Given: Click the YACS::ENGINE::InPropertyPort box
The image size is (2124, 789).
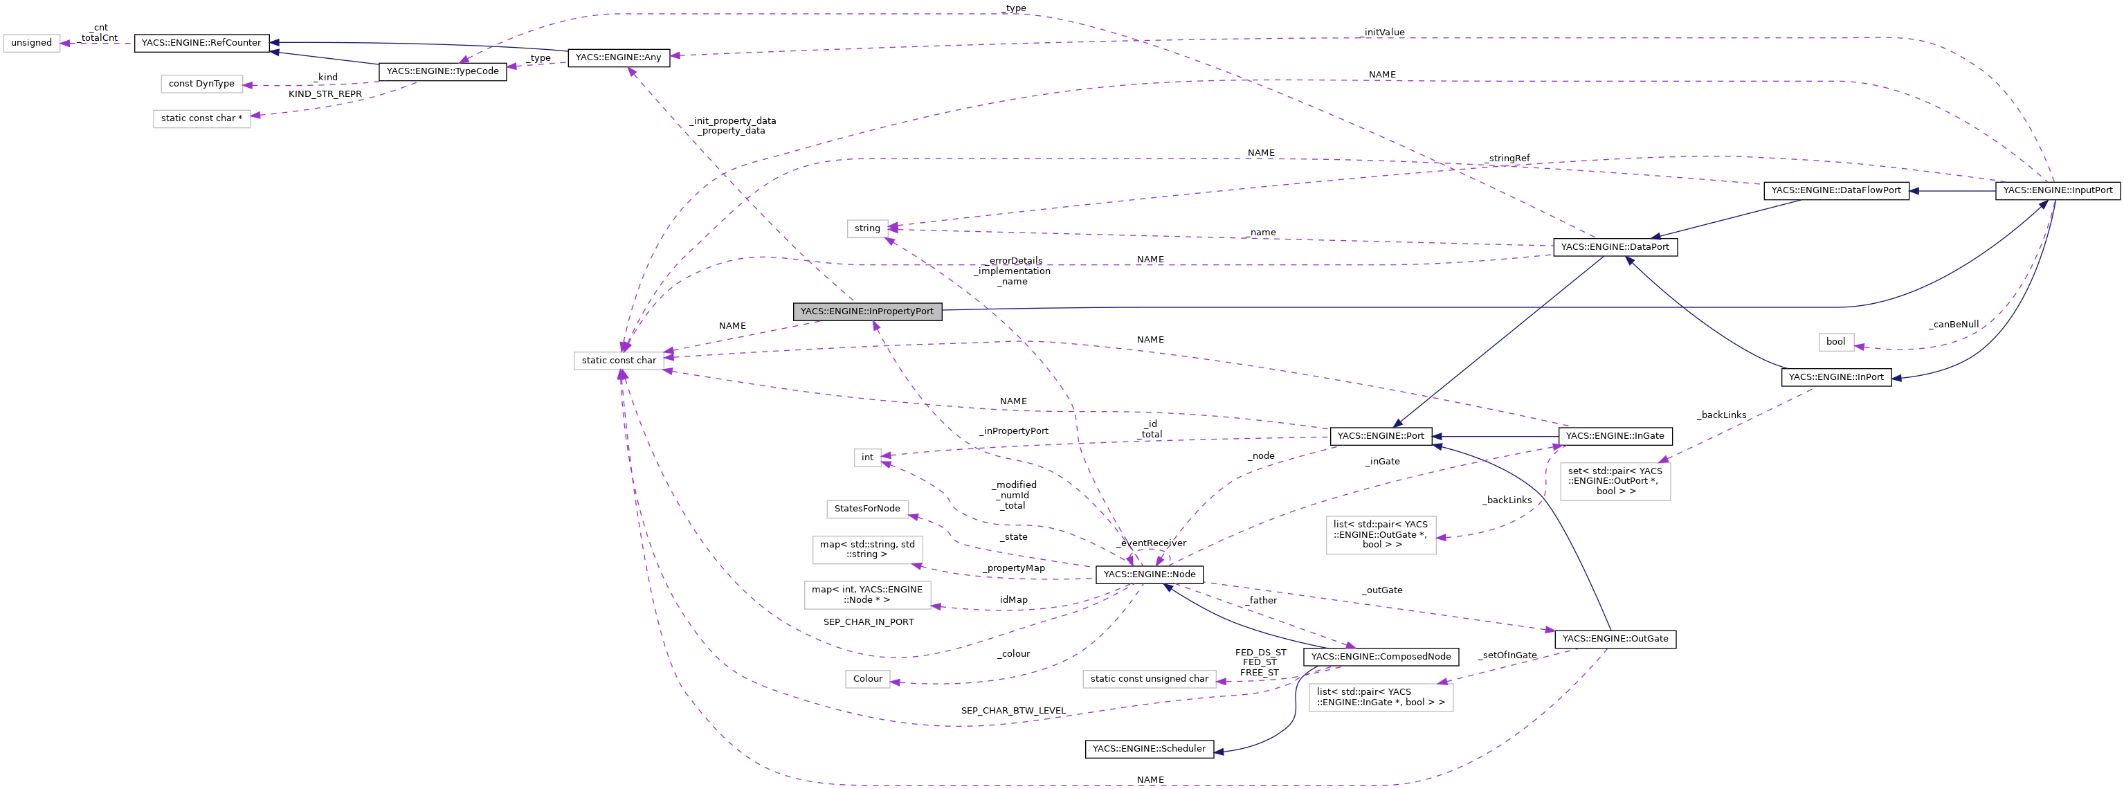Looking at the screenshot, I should (x=866, y=311).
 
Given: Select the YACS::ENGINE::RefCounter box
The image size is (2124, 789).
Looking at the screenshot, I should (x=201, y=43).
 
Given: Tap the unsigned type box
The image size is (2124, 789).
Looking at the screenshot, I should (x=31, y=43).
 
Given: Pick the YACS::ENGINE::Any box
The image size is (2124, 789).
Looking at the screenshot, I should (x=619, y=57).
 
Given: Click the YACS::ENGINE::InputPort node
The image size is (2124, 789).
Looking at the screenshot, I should (x=2057, y=190).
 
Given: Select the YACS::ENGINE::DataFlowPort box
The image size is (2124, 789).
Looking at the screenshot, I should (x=1835, y=190).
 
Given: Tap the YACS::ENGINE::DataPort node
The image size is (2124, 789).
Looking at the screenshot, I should (x=1615, y=247).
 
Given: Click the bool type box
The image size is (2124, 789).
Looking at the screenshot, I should (x=1835, y=342).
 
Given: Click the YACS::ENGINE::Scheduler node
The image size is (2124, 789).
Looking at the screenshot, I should (x=1149, y=750).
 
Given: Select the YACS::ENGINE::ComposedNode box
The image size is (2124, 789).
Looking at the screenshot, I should (x=1380, y=657).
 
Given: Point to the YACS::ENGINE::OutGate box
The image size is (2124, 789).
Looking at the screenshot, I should (x=1615, y=639).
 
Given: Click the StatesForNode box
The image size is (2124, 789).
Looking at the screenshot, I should (x=867, y=509).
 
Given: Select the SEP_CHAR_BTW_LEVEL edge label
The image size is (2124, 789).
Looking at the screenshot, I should (x=1013, y=711).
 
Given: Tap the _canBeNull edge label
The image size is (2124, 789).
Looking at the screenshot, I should (x=1953, y=325).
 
